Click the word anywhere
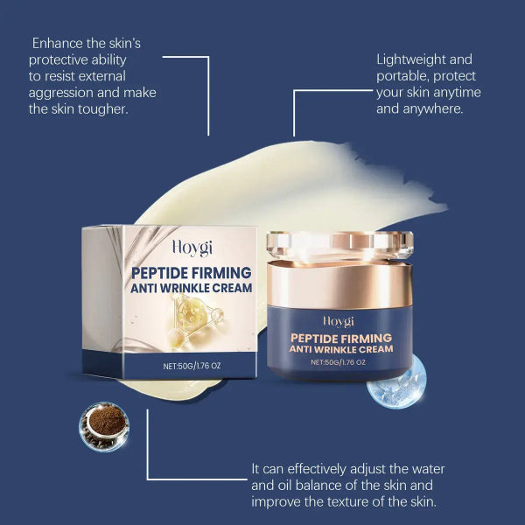443,109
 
